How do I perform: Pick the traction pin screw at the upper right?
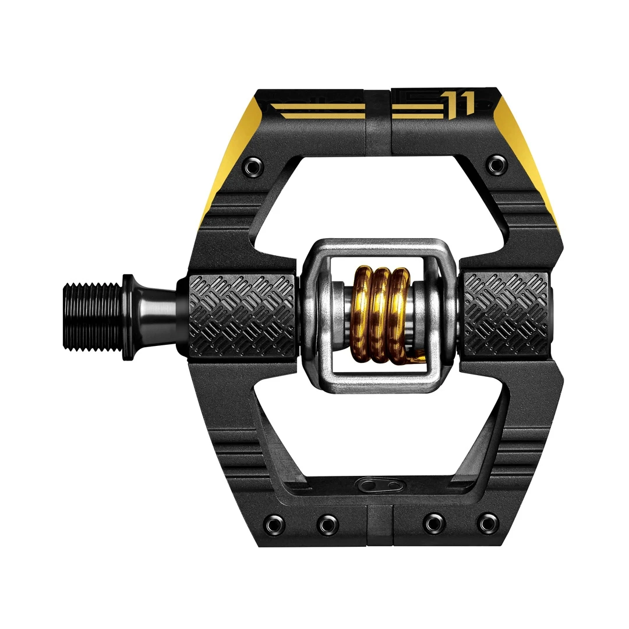(x=495, y=165)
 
